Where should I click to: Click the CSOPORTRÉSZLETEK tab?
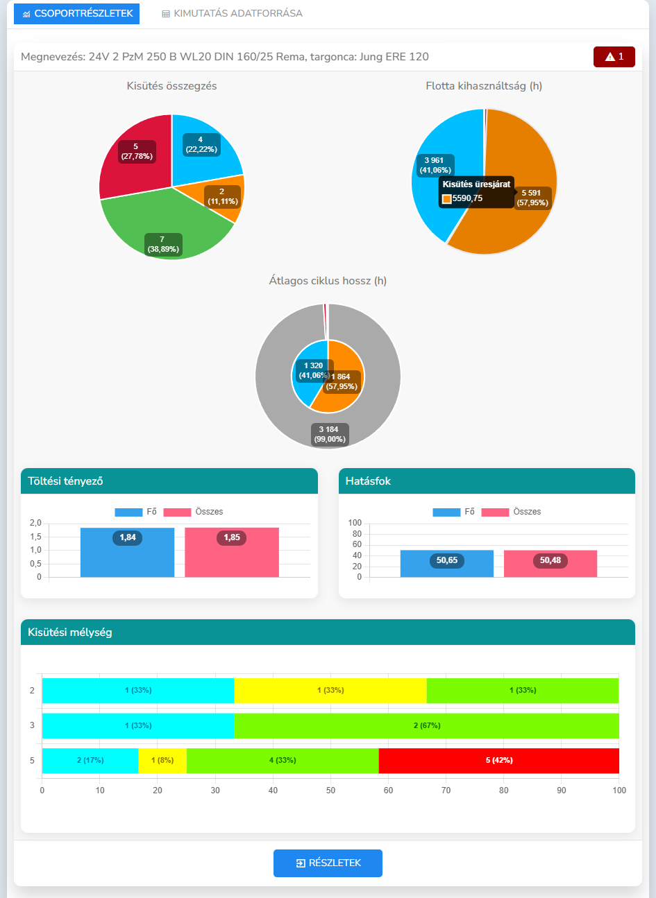coord(76,14)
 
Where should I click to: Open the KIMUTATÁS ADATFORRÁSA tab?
coord(232,14)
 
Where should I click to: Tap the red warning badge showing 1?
coord(614,57)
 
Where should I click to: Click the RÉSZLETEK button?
coord(328,863)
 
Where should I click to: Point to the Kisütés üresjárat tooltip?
coord(476,191)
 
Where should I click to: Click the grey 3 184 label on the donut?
coord(329,434)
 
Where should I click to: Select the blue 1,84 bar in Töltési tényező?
coord(127,553)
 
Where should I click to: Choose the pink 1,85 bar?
coord(232,553)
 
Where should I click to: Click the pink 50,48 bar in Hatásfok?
coord(550,564)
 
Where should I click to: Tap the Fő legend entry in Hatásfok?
coord(454,512)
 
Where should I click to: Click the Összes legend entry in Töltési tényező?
coord(194,512)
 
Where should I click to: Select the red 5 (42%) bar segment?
coord(498,761)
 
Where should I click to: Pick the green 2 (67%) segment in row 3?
coord(426,726)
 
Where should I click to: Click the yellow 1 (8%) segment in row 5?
coord(162,761)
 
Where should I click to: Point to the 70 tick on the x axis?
coord(446,791)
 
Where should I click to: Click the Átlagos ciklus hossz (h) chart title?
coord(328,281)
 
